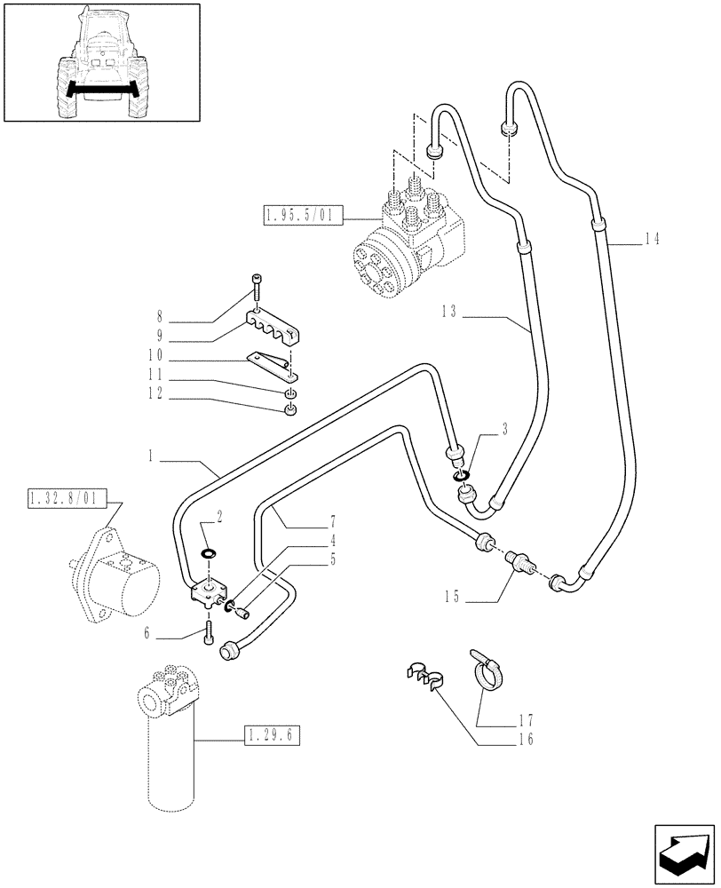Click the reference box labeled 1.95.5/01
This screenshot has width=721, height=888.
299,215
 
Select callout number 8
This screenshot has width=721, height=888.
160,314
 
